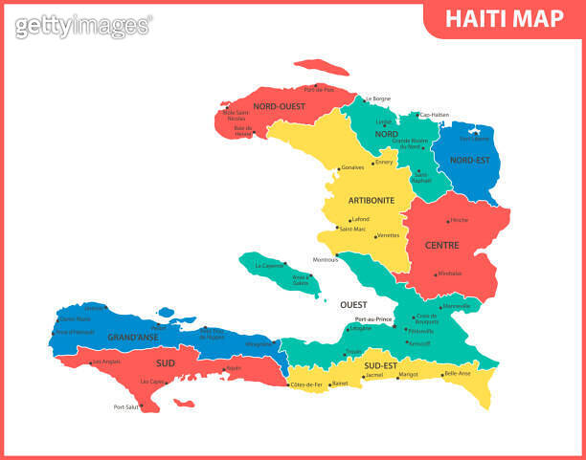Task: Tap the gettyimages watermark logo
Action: coord(82,25)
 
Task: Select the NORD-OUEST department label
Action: coord(280,106)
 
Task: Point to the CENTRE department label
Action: coord(441,245)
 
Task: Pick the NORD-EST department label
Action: coord(469,160)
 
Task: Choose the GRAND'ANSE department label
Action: coord(133,338)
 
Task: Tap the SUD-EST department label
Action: coord(380,364)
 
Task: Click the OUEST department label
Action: coord(352,304)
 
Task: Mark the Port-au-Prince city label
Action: coord(373,319)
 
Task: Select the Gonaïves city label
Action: coord(352,168)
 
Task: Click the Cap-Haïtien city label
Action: coord(435,115)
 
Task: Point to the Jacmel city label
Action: coord(373,375)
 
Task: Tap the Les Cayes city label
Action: coord(152,381)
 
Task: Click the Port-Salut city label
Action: coord(126,406)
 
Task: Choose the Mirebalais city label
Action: coord(450,274)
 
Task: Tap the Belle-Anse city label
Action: coord(458,374)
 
